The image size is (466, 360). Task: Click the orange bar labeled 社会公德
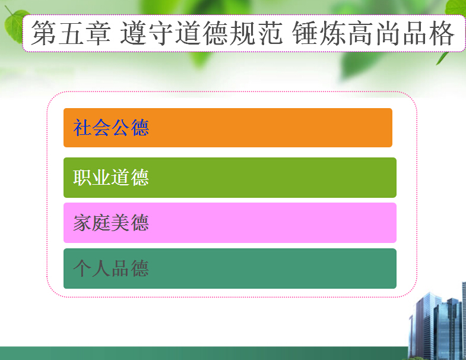coord(228,128)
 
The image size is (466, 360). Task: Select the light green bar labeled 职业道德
coord(230,178)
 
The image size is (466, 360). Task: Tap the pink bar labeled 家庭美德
coord(230,223)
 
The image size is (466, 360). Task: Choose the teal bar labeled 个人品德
coord(230,269)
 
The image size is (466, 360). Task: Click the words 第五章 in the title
coord(71,33)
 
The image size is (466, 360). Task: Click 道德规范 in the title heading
coord(229,33)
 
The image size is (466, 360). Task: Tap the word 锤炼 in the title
coord(319,33)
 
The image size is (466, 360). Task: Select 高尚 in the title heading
coord(374,33)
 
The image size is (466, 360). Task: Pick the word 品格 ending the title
coord(429,33)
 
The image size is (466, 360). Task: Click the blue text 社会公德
coord(111,128)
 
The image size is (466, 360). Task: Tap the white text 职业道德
coord(111,178)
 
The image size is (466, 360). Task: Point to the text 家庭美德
coord(111,223)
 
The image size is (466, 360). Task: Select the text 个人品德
coord(111,269)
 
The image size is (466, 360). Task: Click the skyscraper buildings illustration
coord(437,321)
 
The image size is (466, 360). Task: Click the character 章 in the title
coord(98,33)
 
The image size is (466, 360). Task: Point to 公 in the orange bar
coord(121,128)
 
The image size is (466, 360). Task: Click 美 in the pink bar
coord(121,223)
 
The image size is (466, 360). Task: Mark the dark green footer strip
coord(204,353)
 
